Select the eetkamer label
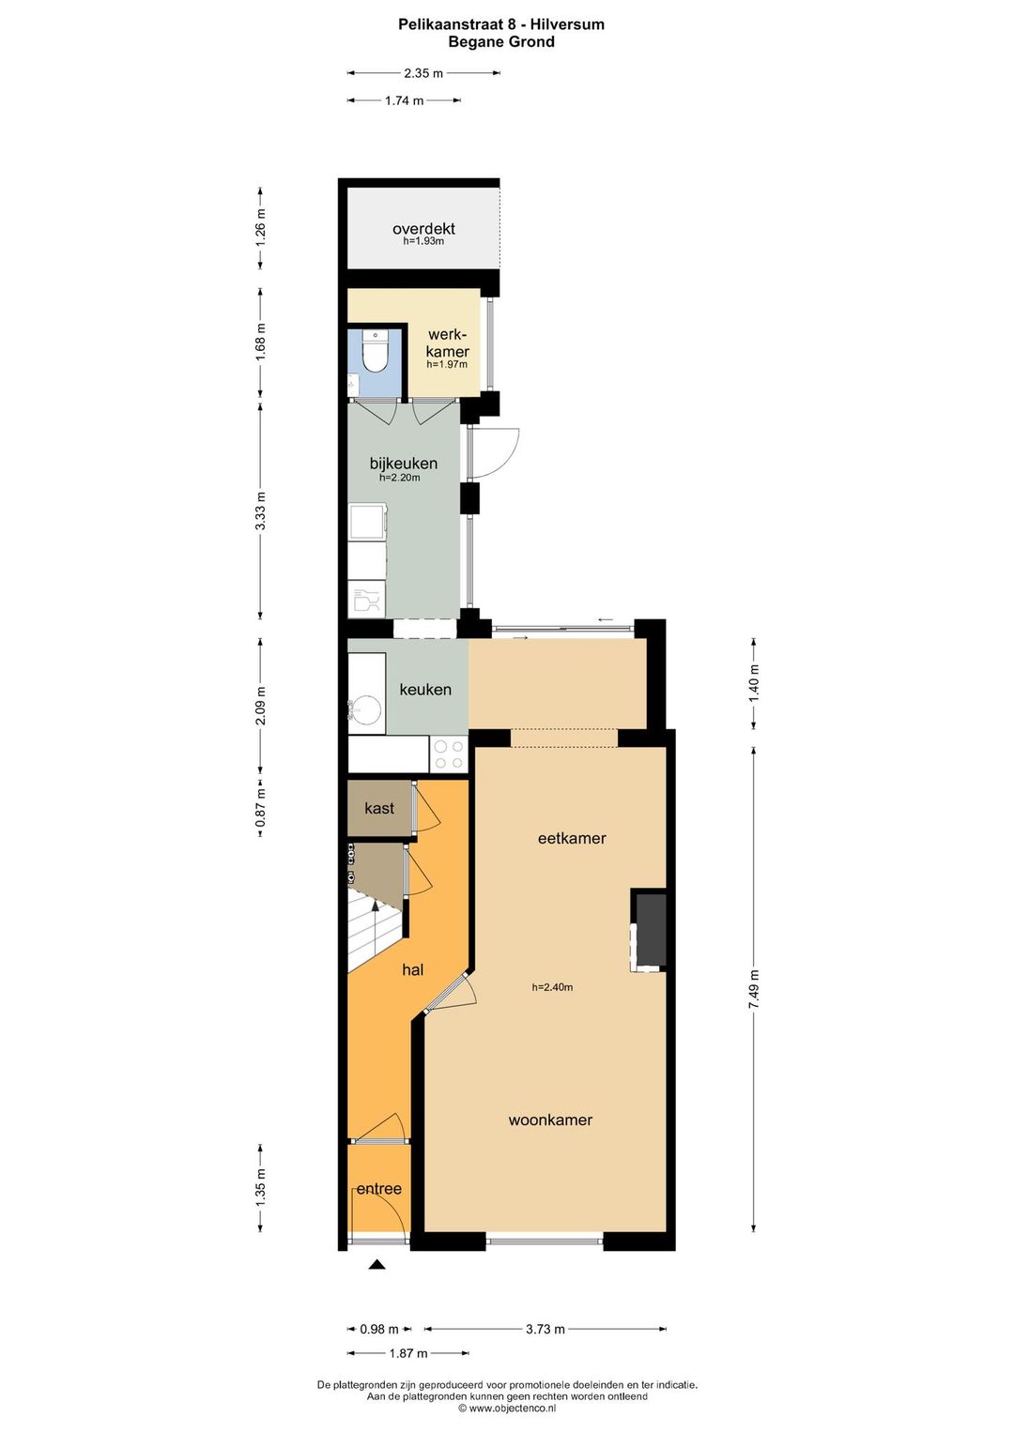pos(571,837)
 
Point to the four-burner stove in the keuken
pos(449,754)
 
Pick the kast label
pos(379,808)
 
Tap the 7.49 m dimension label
pos(754,989)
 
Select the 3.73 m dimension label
pos(545,1329)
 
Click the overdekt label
pos(423,228)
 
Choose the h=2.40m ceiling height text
pos(552,987)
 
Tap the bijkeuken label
pos(403,463)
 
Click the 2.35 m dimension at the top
pos(423,73)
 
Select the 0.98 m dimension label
pos(378,1329)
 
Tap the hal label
pos(412,969)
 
